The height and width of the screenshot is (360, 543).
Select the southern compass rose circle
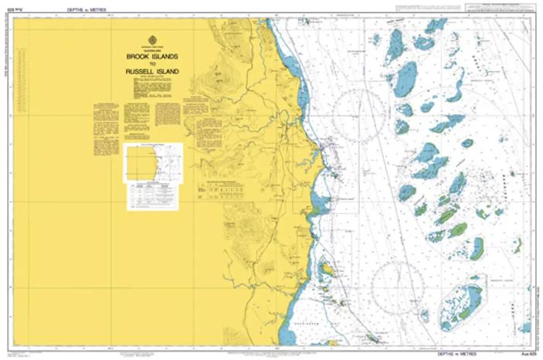pos(397,287)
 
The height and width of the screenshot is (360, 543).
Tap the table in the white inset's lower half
pos(151,194)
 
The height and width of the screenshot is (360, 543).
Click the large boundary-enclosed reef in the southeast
pos(461,305)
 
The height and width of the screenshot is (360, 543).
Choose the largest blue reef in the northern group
pos(406,78)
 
